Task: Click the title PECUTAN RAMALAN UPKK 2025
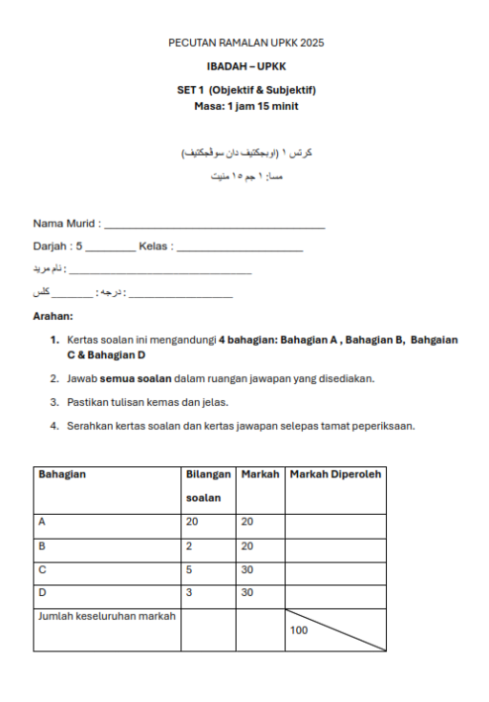[246, 43]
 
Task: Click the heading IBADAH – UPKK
[246, 68]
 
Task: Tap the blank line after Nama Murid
[214, 225]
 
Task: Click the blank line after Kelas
[241, 248]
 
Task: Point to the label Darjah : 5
[58, 246]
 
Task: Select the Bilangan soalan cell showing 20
[191, 521]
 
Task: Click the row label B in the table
[41, 545]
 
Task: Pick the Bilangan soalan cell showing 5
[189, 569]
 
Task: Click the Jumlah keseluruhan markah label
[106, 616]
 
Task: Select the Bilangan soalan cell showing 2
[189, 545]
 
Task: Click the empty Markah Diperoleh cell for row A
[334, 521]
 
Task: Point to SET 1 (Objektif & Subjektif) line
[246, 90]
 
